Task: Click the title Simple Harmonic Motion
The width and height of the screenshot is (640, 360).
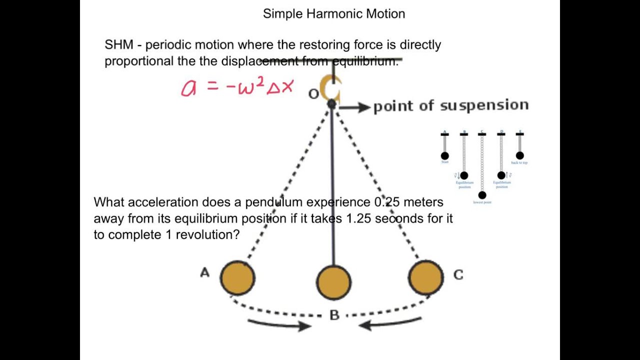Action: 334,14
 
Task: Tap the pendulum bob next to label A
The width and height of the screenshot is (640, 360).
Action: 237,278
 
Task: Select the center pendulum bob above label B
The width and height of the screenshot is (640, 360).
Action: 333,282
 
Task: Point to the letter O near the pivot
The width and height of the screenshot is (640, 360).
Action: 313,94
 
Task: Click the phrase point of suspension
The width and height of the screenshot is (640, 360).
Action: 451,106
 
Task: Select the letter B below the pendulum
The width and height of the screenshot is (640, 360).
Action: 334,315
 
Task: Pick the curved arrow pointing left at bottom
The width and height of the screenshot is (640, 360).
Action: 390,324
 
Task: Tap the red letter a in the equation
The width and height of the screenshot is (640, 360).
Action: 188,88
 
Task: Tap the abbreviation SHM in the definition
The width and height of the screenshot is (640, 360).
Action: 118,45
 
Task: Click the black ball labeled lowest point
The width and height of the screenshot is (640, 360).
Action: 482,195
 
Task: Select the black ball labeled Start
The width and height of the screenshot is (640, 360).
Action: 445,155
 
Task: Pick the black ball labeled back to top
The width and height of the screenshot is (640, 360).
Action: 520,155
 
